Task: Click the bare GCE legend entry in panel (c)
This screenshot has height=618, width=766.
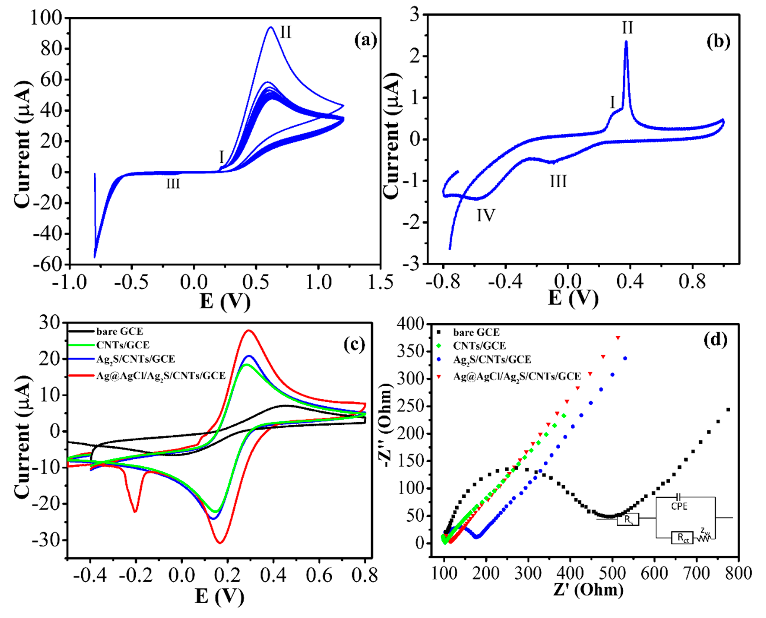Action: point(120,331)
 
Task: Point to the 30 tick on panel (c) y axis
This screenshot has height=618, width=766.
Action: point(51,323)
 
